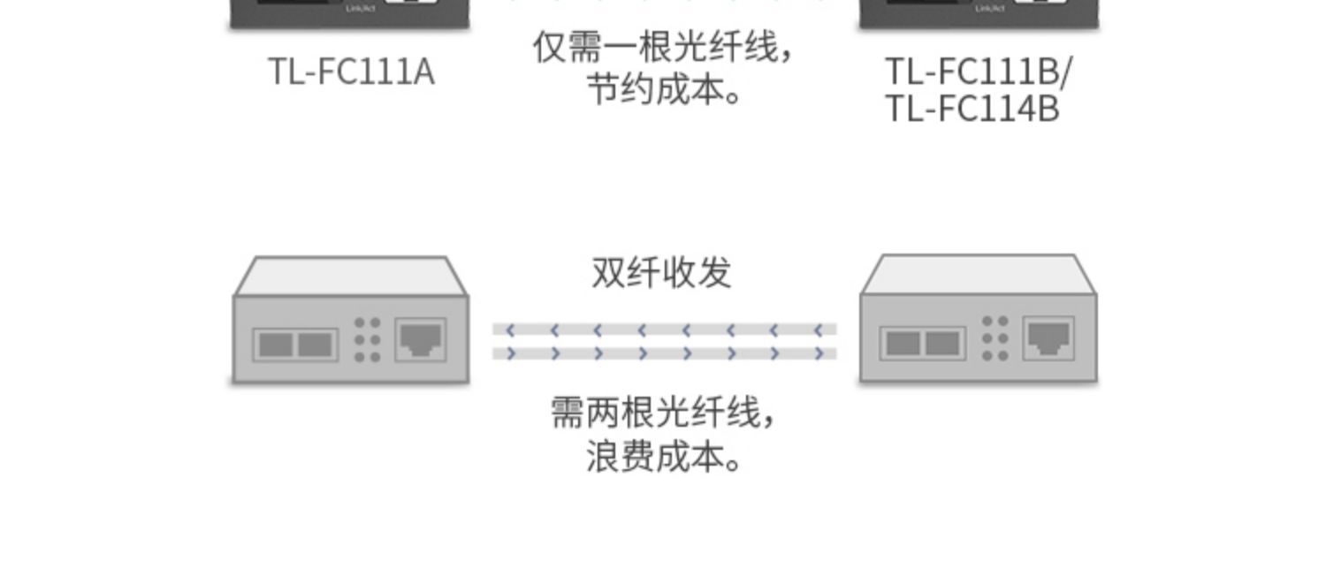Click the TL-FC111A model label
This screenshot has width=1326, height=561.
tap(351, 72)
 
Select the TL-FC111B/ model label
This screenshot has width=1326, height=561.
tap(978, 72)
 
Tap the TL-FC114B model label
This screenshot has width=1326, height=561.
tap(972, 110)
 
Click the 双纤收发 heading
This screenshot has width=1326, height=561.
tap(661, 273)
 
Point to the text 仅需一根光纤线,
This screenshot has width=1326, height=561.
tap(663, 48)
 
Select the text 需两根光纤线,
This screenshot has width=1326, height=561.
tap(663, 413)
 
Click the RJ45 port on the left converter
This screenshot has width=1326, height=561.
tap(420, 339)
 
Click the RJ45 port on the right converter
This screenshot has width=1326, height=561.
tap(1048, 338)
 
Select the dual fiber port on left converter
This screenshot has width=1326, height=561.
tap(295, 344)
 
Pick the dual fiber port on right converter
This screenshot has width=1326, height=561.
tap(924, 343)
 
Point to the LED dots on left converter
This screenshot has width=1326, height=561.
tap(367, 340)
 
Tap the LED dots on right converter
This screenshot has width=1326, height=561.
tap(995, 338)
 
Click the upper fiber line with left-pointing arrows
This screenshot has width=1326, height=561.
tap(663, 330)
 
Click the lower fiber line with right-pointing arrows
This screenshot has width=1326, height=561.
tap(663, 353)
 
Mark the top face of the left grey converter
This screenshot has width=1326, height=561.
tap(350, 276)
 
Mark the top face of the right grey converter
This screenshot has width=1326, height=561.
tap(979, 274)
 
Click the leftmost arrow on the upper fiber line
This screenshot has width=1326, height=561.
tap(510, 330)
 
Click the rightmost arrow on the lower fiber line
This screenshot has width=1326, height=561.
tap(819, 353)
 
